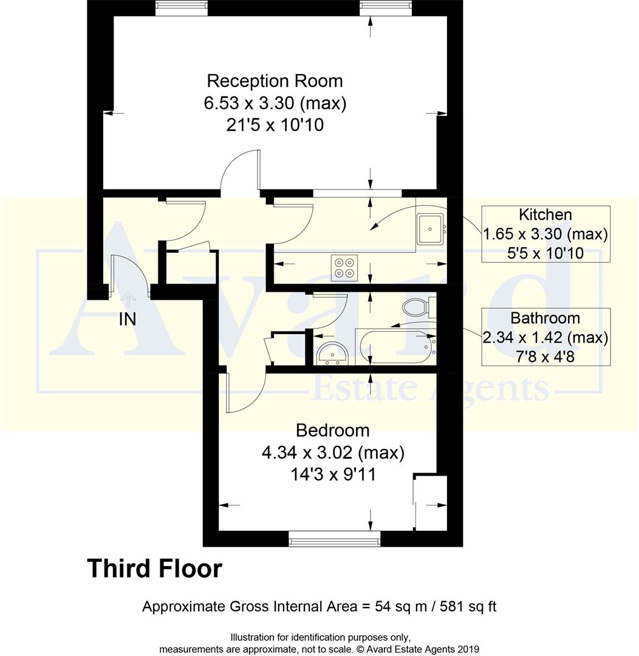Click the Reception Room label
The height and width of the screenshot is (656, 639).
pyautogui.click(x=275, y=81)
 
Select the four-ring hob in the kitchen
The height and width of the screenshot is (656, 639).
pyautogui.click(x=344, y=268)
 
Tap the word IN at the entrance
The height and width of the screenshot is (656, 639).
pyautogui.click(x=128, y=319)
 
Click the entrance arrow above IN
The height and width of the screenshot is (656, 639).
pyautogui.click(x=128, y=299)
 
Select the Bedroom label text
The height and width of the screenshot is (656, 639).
pyautogui.click(x=332, y=431)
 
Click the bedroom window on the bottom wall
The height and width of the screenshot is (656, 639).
pyautogui.click(x=334, y=538)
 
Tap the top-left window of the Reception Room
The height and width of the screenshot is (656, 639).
pyautogui.click(x=181, y=8)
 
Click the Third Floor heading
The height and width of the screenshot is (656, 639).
pyautogui.click(x=155, y=569)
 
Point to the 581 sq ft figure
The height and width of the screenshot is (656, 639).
pyautogui.click(x=468, y=606)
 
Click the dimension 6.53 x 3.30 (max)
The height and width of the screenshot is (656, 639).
pyautogui.click(x=275, y=103)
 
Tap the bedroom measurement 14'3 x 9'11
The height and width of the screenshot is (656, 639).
pyautogui.click(x=332, y=474)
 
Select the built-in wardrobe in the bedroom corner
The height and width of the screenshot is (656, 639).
pyautogui.click(x=431, y=503)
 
